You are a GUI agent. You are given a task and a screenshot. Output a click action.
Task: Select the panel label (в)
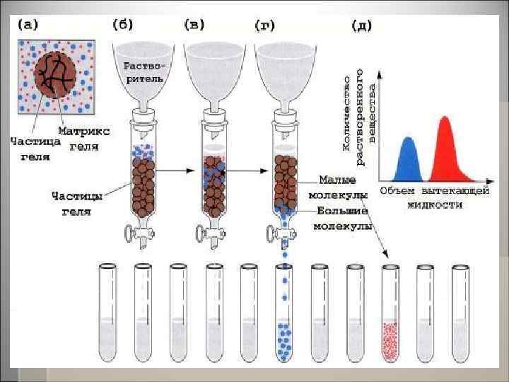pos(194,25)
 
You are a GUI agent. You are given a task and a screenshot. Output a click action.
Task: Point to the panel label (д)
pos(361,26)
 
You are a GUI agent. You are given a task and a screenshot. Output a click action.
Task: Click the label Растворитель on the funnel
pos(144,72)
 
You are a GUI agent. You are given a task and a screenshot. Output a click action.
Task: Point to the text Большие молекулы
pos(342,218)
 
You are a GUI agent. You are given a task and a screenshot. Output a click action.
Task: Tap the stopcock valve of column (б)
pos(133,231)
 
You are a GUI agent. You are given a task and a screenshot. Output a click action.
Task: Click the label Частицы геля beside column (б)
pos(79,202)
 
